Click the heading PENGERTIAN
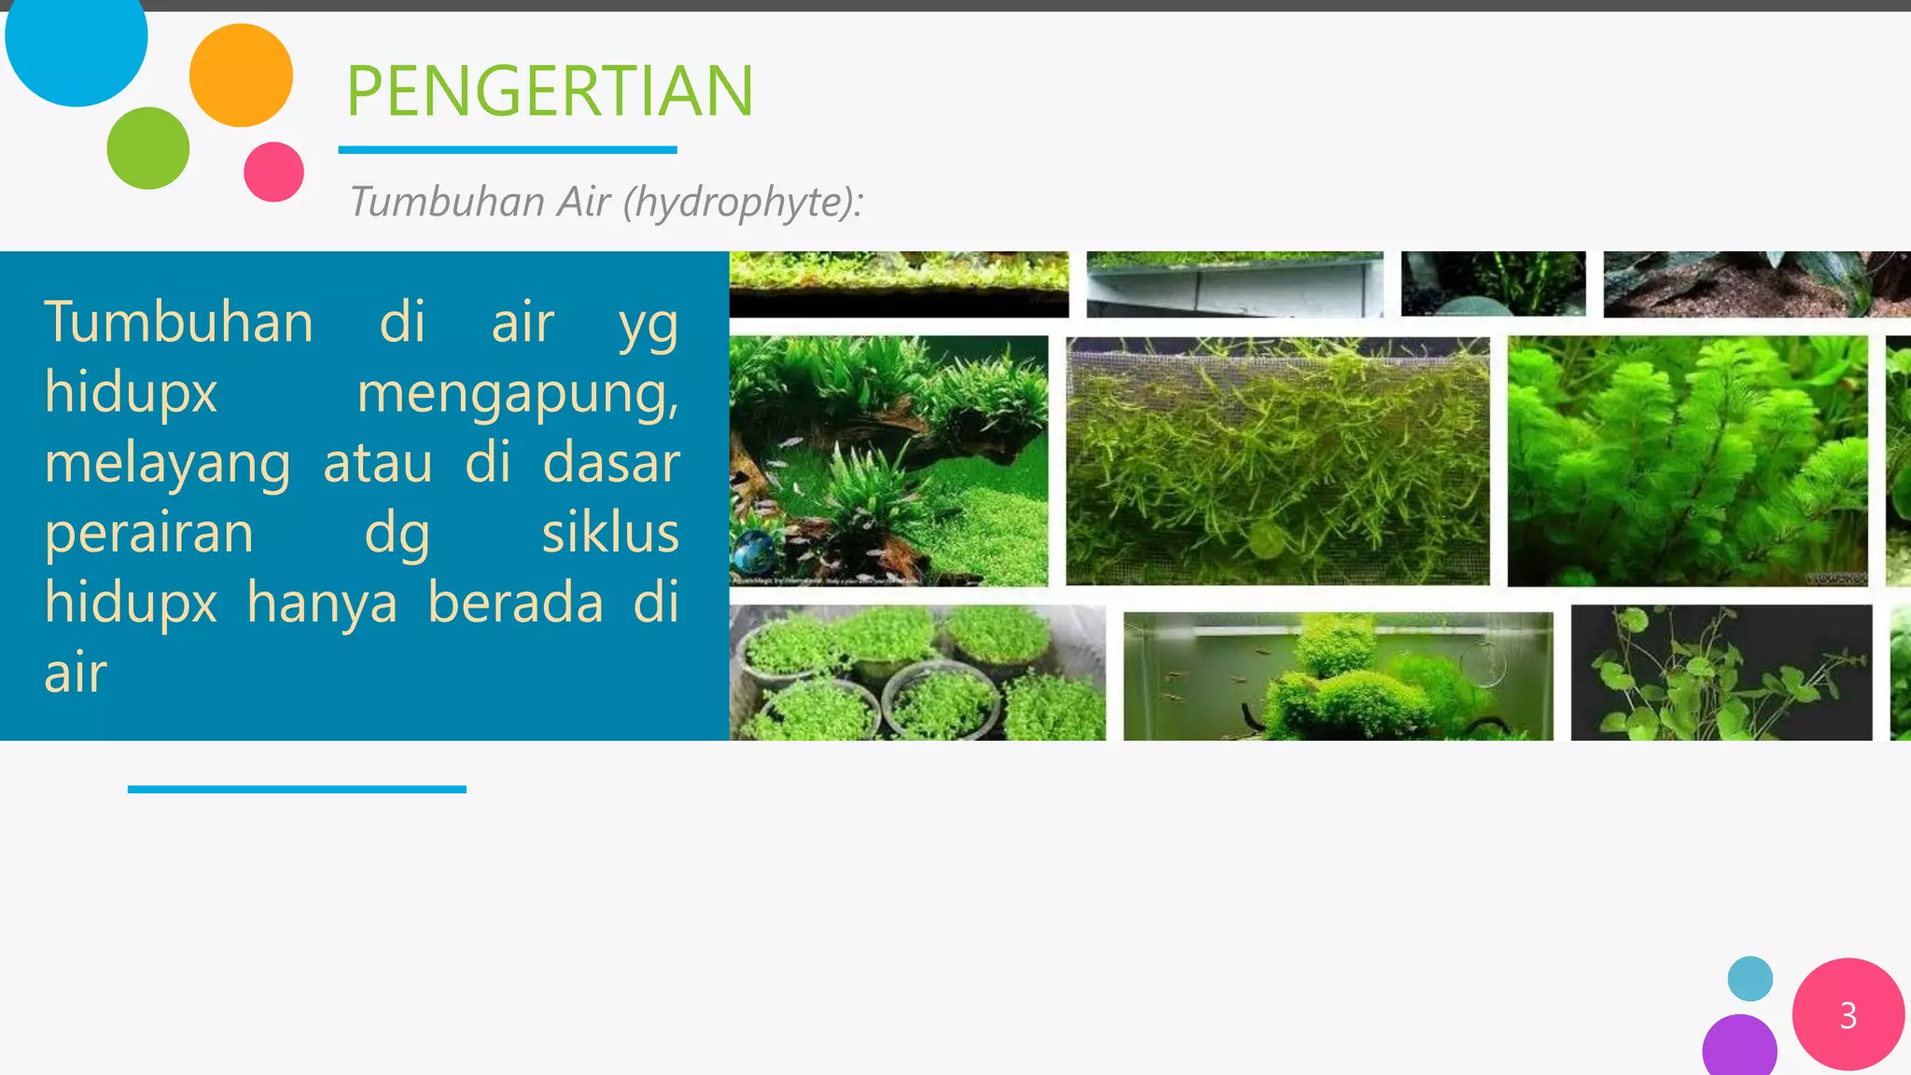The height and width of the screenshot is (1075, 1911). (550, 91)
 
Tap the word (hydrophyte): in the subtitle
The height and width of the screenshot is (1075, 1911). (743, 202)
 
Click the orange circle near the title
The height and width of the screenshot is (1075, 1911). (241, 76)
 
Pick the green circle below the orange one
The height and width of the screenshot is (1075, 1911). (148, 148)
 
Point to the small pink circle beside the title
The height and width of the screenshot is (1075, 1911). (273, 172)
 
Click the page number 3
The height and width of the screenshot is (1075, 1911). (1848, 1015)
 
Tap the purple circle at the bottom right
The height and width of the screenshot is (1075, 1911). (1739, 1047)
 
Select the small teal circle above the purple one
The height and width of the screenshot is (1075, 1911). (1750, 979)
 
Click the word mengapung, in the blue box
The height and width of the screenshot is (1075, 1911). (518, 393)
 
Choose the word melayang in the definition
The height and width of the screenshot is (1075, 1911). (168, 463)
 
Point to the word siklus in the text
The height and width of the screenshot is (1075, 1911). (610, 533)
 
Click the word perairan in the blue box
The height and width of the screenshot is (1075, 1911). (149, 533)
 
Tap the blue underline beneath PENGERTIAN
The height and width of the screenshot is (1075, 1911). (507, 149)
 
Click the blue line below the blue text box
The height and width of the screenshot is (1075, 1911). (297, 789)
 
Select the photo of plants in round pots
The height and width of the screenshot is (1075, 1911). (916, 673)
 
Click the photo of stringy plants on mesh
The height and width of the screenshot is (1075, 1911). (1277, 461)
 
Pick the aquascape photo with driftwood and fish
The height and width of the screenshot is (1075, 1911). (888, 461)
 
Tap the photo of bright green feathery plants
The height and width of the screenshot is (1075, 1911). (1687, 461)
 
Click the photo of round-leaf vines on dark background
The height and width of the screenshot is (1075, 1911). (1721, 673)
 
